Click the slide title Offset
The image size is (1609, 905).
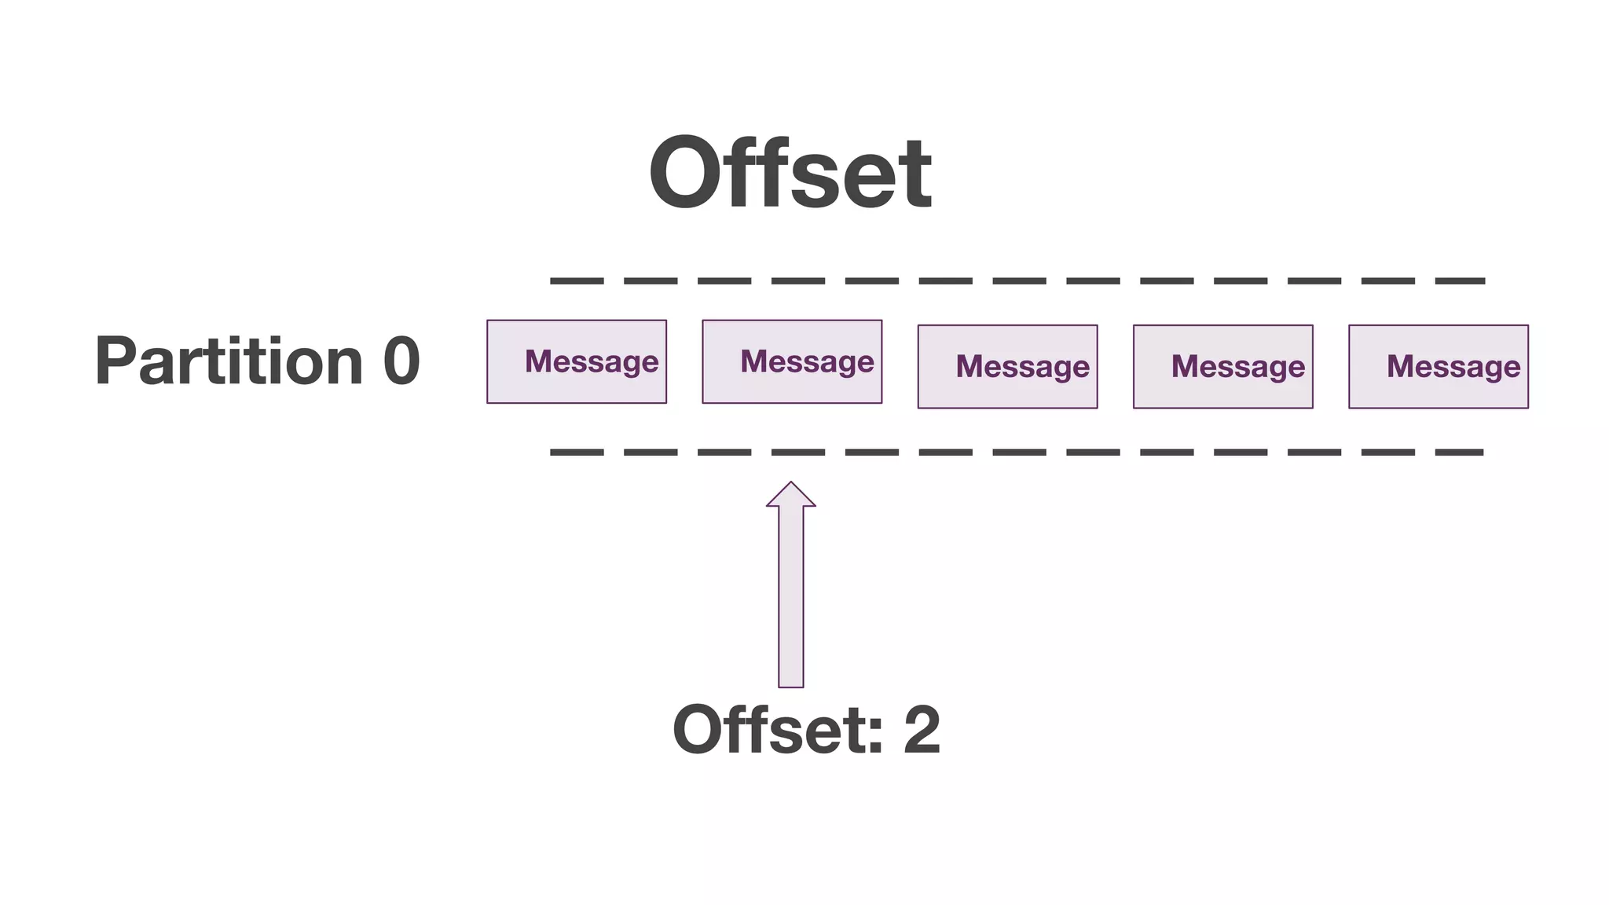[790, 174]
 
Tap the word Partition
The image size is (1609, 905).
[229, 361]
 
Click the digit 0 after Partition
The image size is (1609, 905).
[401, 361]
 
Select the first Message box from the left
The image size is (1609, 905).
[577, 361]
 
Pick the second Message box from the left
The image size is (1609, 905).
[792, 361]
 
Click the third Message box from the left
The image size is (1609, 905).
[1007, 366]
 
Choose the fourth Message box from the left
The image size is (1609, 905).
[1222, 366]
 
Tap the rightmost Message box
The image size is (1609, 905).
[1438, 366]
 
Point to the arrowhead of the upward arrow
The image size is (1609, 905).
[791, 495]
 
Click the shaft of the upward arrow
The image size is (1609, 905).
[791, 597]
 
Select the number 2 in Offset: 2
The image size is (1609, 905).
[922, 731]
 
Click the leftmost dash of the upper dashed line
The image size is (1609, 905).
[577, 280]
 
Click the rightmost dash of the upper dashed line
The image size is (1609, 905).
[1460, 280]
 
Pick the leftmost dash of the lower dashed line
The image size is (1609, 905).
[577, 452]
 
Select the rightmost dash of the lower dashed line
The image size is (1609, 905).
[1460, 452]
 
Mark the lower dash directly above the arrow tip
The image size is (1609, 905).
[798, 452]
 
